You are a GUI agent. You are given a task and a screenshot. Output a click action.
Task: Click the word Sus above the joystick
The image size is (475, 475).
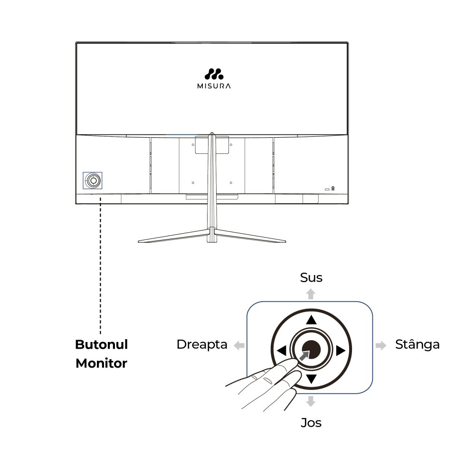(311, 277)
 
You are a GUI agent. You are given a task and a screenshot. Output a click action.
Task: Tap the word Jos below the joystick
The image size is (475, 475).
(311, 423)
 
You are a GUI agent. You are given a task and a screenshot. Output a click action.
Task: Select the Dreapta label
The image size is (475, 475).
(202, 345)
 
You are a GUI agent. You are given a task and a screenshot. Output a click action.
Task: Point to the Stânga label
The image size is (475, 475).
(417, 344)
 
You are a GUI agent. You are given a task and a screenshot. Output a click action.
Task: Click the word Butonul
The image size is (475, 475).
(102, 344)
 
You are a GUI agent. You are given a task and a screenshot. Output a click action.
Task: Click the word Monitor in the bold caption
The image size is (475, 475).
(102, 363)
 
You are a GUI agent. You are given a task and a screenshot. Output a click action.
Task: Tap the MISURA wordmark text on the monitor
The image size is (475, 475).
(214, 86)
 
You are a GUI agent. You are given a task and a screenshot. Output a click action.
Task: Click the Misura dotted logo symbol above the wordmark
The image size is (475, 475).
(214, 74)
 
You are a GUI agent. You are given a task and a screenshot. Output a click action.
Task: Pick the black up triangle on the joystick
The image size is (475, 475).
(311, 320)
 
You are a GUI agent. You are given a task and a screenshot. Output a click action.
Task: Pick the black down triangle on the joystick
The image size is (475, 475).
(311, 379)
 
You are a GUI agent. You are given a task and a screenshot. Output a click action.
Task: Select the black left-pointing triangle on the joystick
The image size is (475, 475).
(282, 351)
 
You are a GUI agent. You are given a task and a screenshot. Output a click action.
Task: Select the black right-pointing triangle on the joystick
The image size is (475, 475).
(341, 351)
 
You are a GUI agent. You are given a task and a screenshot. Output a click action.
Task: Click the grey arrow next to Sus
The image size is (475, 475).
(311, 294)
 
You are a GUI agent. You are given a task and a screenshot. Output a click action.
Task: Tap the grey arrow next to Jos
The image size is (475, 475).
(311, 401)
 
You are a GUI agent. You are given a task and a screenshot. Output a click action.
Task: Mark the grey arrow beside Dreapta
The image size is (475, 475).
(239, 345)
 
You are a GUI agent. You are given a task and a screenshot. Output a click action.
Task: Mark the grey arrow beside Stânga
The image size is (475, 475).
(381, 345)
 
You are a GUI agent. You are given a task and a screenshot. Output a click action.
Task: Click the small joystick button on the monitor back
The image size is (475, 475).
(93, 180)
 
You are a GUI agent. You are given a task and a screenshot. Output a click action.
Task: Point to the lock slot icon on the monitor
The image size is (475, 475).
(333, 189)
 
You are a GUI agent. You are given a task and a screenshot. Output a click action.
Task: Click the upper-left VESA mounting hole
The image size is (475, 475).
(193, 145)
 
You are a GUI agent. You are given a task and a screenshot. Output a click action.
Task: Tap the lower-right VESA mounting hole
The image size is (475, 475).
(231, 183)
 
